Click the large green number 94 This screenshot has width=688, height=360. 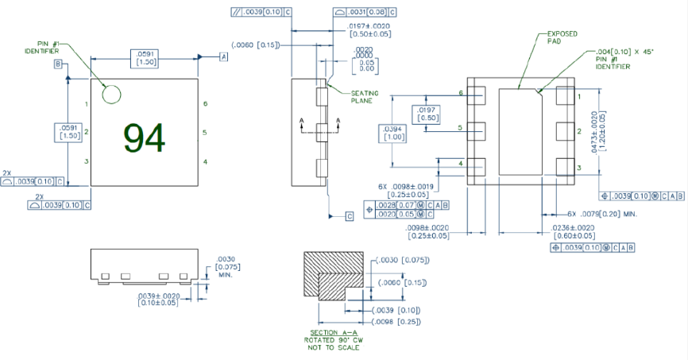[x=145, y=138]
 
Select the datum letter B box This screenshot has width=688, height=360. [x=58, y=63]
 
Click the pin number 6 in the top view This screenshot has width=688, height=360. [x=205, y=103]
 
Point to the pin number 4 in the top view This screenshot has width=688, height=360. [x=205, y=162]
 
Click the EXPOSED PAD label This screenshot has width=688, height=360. [x=562, y=38]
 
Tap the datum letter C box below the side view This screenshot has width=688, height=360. [x=350, y=215]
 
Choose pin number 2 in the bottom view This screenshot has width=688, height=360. [x=578, y=131]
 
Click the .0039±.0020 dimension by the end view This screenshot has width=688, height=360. [x=158, y=298]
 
